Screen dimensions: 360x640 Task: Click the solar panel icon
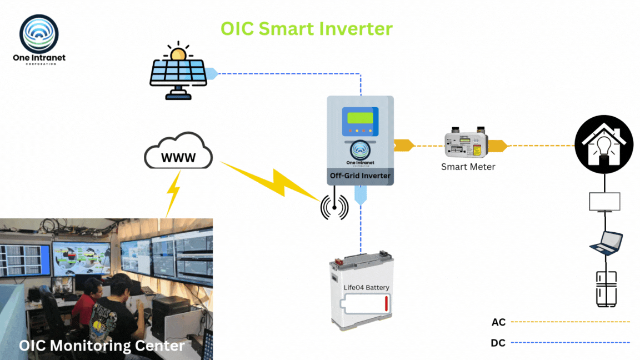click(x=178, y=78)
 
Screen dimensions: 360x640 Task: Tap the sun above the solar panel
click(x=178, y=53)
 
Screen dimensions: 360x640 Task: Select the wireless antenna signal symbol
click(x=334, y=207)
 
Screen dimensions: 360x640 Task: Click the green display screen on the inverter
click(x=359, y=118)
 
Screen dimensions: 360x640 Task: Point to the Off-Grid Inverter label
click(x=360, y=176)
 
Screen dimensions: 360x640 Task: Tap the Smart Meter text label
click(x=468, y=167)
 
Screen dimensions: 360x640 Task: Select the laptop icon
click(x=606, y=242)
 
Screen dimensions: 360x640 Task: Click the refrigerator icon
click(x=606, y=289)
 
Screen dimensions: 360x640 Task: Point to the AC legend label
click(x=498, y=322)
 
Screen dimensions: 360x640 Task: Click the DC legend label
click(x=498, y=343)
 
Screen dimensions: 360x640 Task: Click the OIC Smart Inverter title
click(x=306, y=28)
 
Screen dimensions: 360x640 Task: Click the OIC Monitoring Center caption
click(x=102, y=346)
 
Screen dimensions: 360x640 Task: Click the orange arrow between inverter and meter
click(x=404, y=146)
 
